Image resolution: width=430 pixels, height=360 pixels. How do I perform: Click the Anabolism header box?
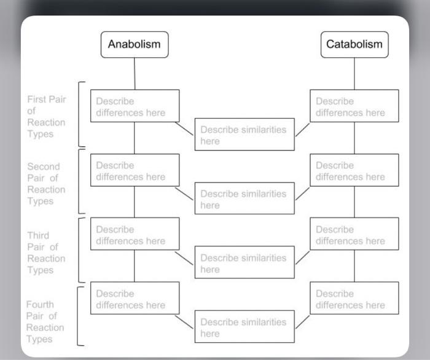coord(135,44)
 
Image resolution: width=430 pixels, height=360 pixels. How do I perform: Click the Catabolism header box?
coord(354,44)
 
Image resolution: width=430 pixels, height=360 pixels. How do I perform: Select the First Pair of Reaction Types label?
coord(46,117)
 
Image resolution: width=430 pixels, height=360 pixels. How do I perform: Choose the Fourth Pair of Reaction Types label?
coord(45,321)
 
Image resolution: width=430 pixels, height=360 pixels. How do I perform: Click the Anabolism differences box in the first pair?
coord(135,106)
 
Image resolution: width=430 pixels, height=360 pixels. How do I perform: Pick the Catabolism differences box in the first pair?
coord(354,106)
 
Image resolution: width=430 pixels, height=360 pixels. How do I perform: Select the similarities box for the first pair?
coord(244,135)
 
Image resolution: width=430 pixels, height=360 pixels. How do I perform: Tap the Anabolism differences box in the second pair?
coord(135,170)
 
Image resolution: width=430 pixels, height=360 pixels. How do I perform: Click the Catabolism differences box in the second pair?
coord(354,170)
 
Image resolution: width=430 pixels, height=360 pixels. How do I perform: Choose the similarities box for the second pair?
coord(244,199)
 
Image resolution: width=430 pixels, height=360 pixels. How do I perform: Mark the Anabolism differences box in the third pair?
coord(135,235)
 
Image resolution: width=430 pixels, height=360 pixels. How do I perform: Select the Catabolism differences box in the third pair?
coord(354,235)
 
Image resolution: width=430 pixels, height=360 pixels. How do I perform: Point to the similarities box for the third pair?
coord(244,264)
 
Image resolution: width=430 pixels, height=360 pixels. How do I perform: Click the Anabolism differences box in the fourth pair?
coord(135,299)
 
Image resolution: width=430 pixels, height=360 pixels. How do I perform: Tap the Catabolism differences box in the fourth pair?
coord(354,299)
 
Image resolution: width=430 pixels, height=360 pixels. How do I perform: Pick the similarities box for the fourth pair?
coord(244,327)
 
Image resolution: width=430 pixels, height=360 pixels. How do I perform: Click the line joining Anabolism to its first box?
coord(135,74)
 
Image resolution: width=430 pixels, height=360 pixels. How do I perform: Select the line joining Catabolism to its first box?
coord(354,74)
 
